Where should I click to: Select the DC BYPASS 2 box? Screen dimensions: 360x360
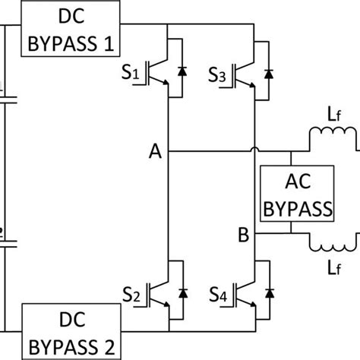click(x=71, y=331)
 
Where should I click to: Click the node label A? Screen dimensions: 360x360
click(x=155, y=152)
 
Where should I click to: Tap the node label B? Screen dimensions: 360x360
click(x=243, y=235)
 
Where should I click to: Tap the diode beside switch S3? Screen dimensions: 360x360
click(x=268, y=74)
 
